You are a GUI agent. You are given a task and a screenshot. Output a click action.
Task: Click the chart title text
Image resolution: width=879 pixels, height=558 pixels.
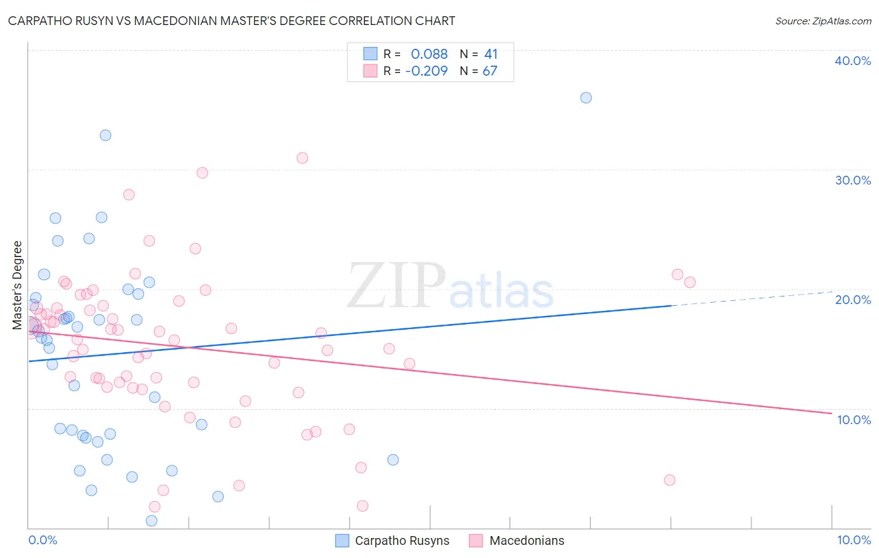point(231,21)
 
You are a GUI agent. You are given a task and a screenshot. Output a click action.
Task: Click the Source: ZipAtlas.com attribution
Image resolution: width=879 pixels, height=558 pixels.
point(823,21)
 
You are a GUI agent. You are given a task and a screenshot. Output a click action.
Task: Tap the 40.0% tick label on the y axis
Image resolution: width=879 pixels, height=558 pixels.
point(853,61)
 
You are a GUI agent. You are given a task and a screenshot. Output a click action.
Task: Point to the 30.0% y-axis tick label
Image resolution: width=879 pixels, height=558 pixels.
point(853,180)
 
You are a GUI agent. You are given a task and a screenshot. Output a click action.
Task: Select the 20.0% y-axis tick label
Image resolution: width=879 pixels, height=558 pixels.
point(853,300)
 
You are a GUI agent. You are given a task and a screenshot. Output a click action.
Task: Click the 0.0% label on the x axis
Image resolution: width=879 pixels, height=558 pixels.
point(43,540)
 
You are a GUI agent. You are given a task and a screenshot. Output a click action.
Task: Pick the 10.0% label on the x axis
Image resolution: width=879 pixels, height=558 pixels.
point(853,540)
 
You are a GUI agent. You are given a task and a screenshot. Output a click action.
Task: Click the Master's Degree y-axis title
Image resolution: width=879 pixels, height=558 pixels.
point(18,285)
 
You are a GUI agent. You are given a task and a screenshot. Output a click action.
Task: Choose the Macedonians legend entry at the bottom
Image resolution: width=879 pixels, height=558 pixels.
point(526,540)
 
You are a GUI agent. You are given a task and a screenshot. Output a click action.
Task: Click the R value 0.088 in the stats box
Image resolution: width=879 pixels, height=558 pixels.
point(429,54)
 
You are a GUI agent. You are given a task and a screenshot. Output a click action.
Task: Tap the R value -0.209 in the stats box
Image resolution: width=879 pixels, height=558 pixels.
point(426,71)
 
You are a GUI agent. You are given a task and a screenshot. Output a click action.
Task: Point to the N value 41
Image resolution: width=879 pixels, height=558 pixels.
point(491,54)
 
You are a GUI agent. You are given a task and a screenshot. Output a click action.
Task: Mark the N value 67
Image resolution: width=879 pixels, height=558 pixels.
point(490,71)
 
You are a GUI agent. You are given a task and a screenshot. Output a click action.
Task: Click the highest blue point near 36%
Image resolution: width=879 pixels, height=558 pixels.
point(586,98)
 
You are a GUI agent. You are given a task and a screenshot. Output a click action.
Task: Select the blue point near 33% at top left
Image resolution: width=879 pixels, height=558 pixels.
point(106,135)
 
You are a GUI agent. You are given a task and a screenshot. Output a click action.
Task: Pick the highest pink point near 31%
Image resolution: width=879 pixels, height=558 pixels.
point(303,158)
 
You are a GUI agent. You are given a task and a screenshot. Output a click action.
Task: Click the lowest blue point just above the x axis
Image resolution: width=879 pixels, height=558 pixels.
point(151,520)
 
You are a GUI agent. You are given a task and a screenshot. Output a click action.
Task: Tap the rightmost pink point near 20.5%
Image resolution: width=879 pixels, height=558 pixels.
point(690,282)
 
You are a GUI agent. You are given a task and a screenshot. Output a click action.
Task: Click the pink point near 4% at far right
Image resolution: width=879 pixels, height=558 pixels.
point(670,480)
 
